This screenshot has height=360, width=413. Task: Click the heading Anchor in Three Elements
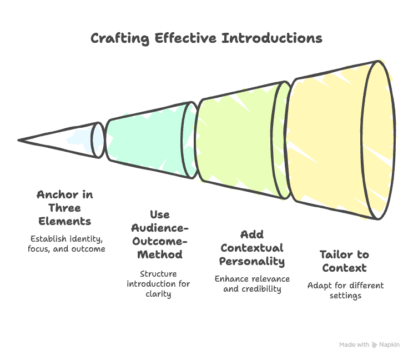coord(65,208)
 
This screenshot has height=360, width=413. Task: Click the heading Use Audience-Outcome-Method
coord(159,234)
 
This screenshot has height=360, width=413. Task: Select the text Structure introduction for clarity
coord(158,284)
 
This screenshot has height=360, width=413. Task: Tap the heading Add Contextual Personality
coord(252,248)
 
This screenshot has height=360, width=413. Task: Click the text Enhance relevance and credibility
coord(252,284)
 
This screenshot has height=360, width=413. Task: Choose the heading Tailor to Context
coord(344,261)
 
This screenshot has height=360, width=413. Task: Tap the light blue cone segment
coord(80,137)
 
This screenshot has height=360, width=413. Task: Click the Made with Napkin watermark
coord(369,345)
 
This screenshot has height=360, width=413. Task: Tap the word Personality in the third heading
coord(252,261)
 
